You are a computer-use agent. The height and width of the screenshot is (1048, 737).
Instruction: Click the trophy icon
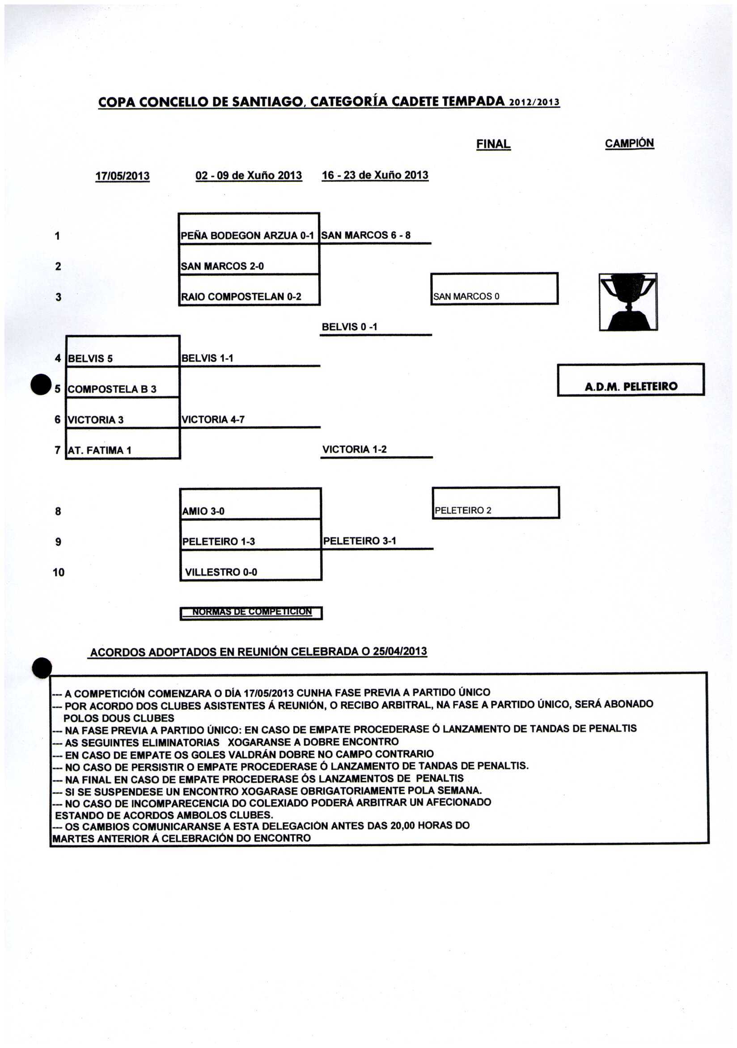628,302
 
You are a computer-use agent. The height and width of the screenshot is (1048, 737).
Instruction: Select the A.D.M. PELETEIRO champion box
631,380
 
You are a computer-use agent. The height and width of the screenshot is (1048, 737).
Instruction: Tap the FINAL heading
493,144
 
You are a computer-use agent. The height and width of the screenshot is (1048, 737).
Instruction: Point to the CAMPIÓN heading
629,144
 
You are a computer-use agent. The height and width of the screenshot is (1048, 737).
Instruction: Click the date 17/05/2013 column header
123,176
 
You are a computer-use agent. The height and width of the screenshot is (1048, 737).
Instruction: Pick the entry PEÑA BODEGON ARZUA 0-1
247,236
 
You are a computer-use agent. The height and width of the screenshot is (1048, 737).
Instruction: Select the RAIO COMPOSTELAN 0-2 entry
241,297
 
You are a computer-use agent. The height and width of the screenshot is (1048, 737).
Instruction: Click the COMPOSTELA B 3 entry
112,389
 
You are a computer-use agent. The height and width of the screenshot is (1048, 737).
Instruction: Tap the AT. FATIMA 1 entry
100,450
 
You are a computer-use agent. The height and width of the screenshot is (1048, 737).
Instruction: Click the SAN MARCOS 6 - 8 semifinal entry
366,235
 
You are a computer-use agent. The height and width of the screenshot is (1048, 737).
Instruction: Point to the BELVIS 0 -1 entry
349,327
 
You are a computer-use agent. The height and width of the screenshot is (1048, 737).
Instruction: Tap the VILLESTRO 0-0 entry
221,572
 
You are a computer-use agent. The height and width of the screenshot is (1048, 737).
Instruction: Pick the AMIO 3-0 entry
203,511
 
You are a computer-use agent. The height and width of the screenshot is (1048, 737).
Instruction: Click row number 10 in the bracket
59,572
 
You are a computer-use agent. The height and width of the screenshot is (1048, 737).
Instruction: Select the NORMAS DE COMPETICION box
251,613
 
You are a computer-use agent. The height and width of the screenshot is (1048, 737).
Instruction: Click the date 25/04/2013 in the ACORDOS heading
400,651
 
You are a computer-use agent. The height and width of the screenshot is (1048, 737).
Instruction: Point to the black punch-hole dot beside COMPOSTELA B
41,384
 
